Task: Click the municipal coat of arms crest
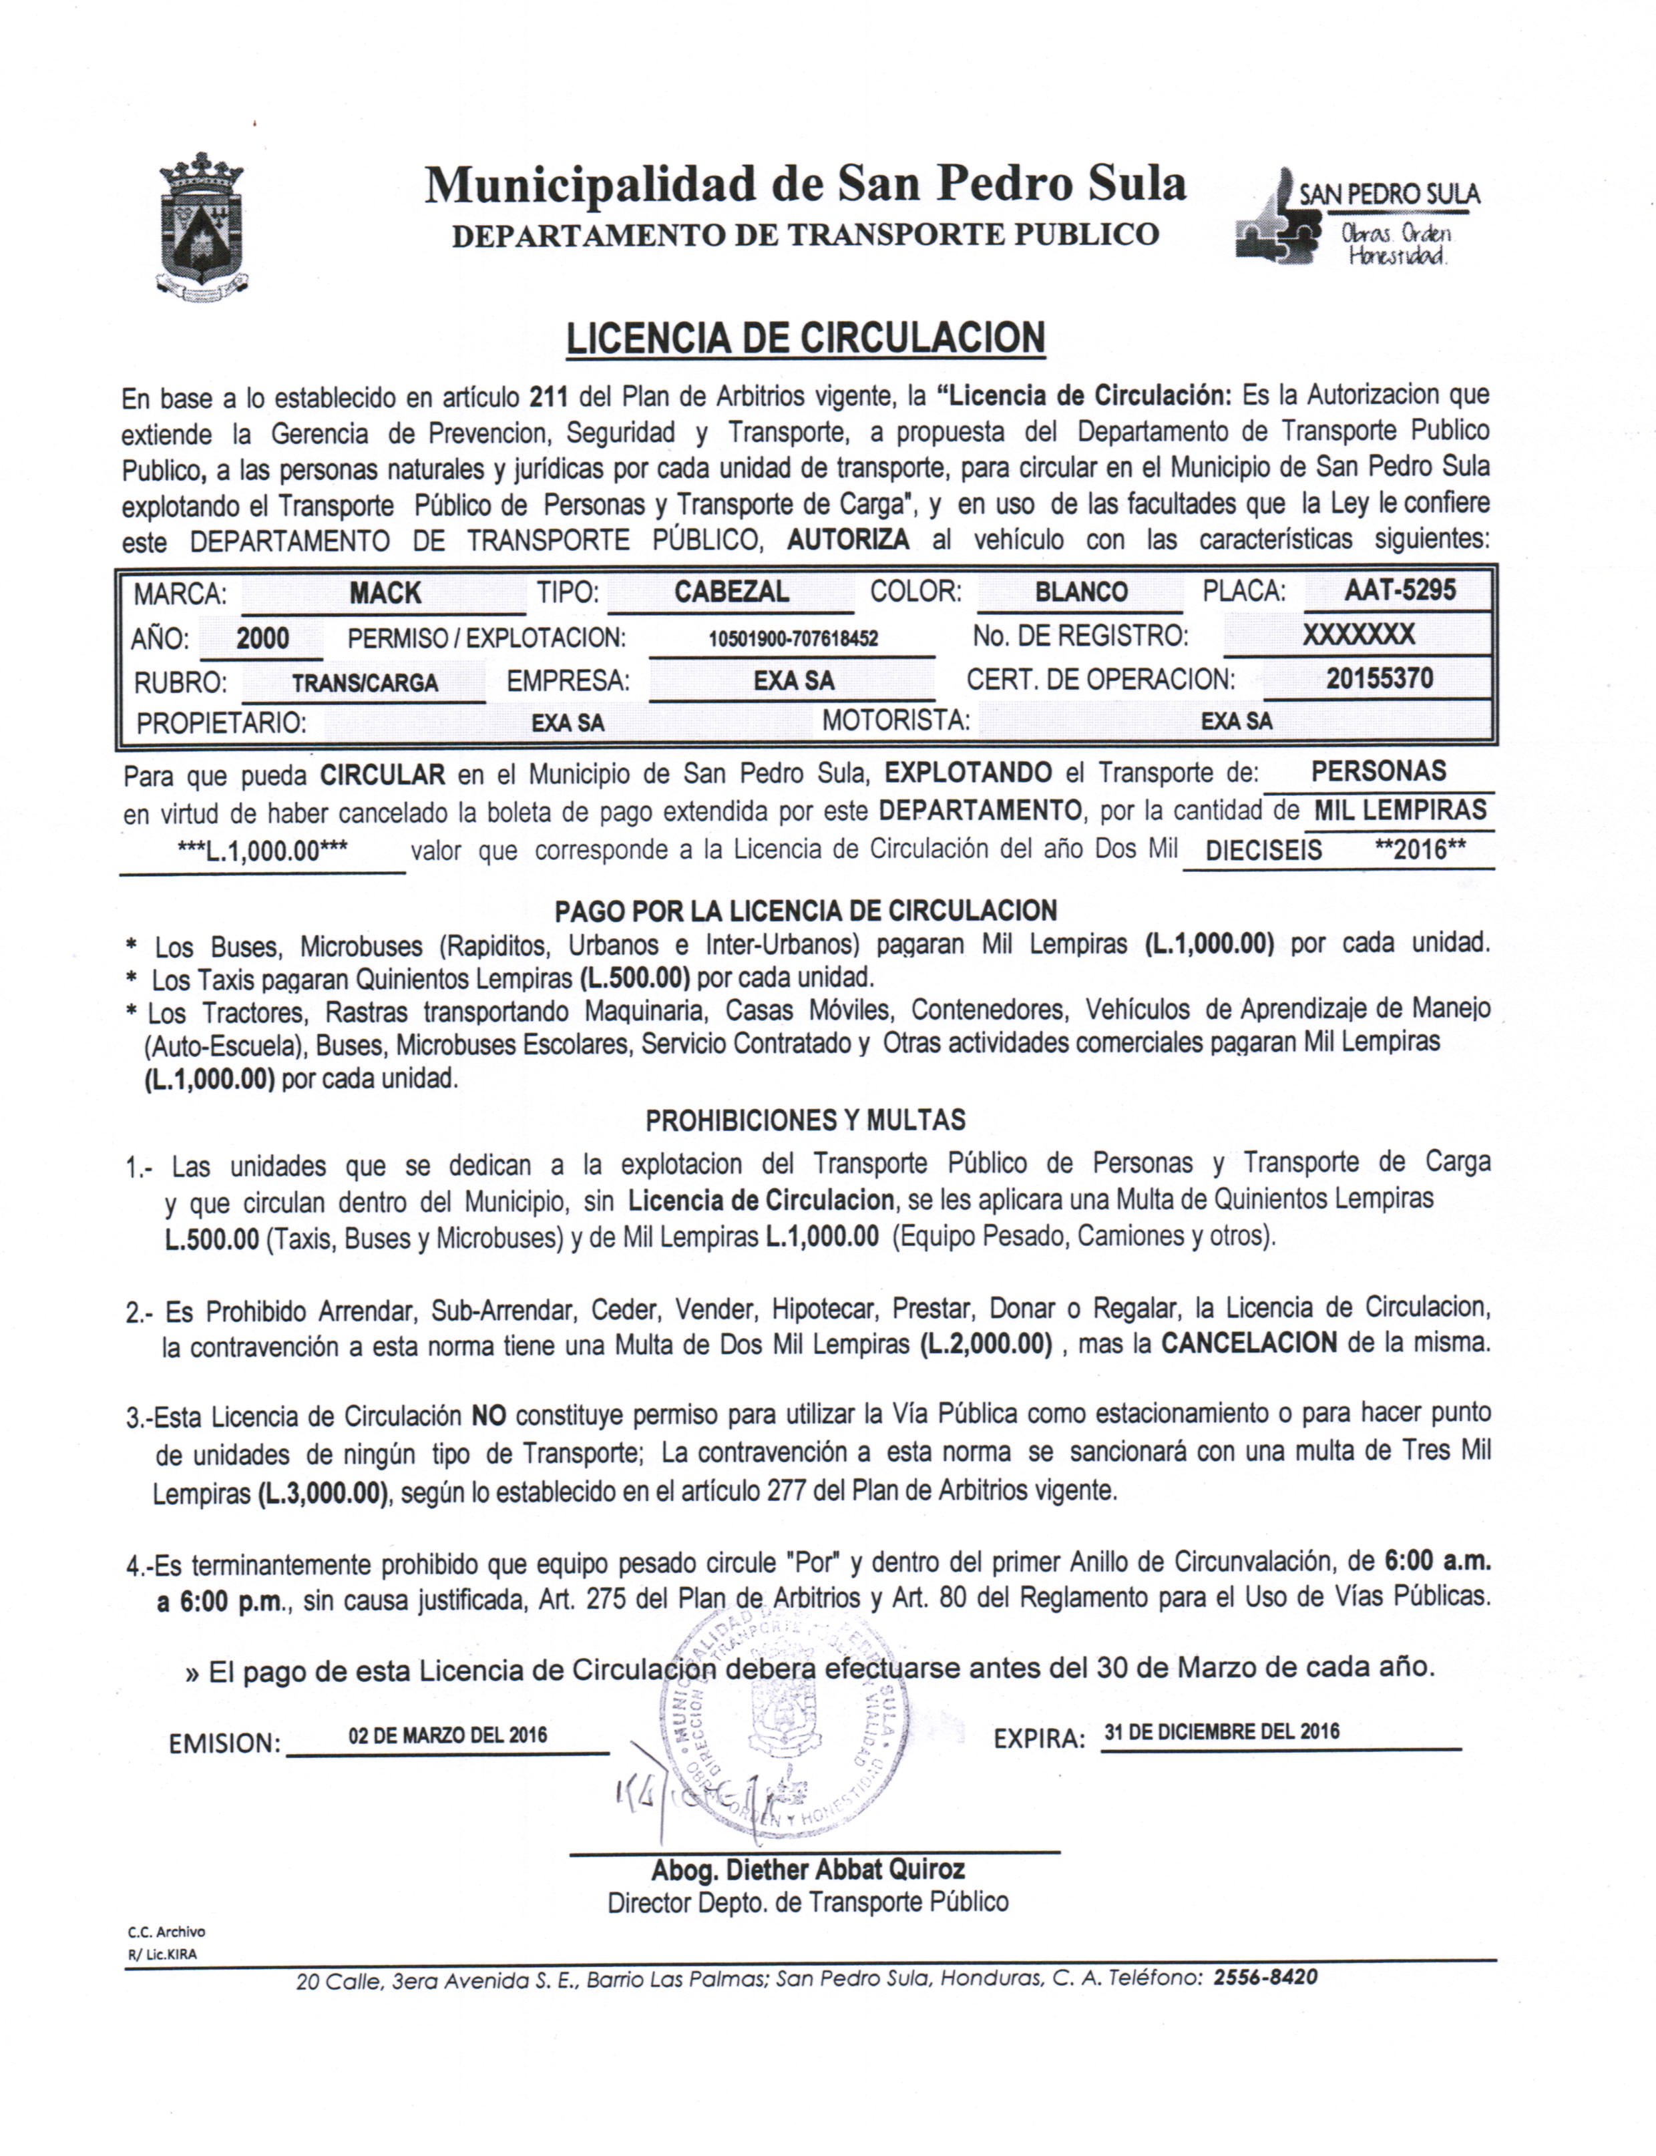click(x=202, y=226)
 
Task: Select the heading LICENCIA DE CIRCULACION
click(x=805, y=338)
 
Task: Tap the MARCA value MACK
click(x=385, y=593)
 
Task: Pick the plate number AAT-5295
click(x=1400, y=590)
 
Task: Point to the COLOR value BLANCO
click(x=1081, y=592)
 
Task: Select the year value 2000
click(x=262, y=638)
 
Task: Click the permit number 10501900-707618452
click(x=793, y=638)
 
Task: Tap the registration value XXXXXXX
click(x=1358, y=634)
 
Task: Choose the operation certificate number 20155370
click(x=1379, y=679)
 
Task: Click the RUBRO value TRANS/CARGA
click(x=365, y=683)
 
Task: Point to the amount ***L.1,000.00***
click(x=262, y=851)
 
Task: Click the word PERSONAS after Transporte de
click(x=1378, y=772)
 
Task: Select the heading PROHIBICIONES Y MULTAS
click(x=805, y=1120)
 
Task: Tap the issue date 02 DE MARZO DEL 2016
click(x=447, y=1735)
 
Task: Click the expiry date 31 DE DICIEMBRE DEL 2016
click(x=1221, y=1731)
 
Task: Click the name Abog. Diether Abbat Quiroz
click(x=807, y=1870)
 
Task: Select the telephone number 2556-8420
click(x=1265, y=1976)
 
